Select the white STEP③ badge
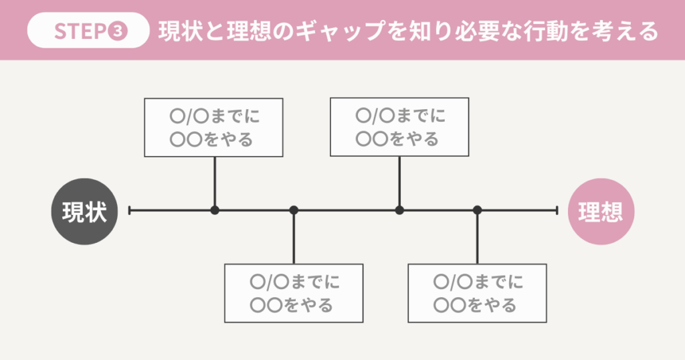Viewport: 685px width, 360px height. tap(88, 31)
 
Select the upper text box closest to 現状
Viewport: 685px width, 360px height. tap(214, 127)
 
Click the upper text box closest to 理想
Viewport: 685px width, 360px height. tap(399, 127)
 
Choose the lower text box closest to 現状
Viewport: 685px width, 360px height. tap(294, 293)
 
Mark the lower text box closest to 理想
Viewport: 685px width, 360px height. tap(477, 293)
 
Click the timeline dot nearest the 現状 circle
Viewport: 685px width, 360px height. tap(215, 210)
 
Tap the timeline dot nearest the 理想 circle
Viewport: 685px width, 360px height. tap(477, 210)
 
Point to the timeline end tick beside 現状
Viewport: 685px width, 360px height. tap(129, 210)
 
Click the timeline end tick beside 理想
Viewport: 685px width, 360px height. tap(557, 210)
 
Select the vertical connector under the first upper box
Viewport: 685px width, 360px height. tap(215, 182)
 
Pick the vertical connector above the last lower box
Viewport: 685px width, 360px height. tap(477, 238)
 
